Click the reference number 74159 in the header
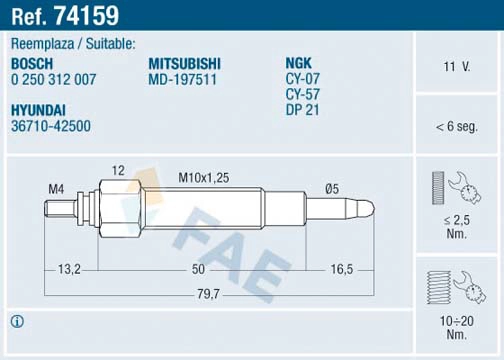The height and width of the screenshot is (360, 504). point(88,15)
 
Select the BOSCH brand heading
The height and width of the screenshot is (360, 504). point(33,63)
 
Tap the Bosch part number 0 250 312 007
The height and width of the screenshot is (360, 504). point(54,79)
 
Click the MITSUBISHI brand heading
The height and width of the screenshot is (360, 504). point(184,63)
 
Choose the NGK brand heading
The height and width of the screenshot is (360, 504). point(300,63)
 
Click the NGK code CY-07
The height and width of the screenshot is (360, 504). point(304,79)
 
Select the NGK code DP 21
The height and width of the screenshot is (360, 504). point(304,109)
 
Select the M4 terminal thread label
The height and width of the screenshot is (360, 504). point(55,189)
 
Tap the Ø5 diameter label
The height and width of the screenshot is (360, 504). point(331,188)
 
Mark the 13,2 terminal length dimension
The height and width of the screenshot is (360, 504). point(69,269)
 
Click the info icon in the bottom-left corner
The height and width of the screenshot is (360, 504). point(17,321)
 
